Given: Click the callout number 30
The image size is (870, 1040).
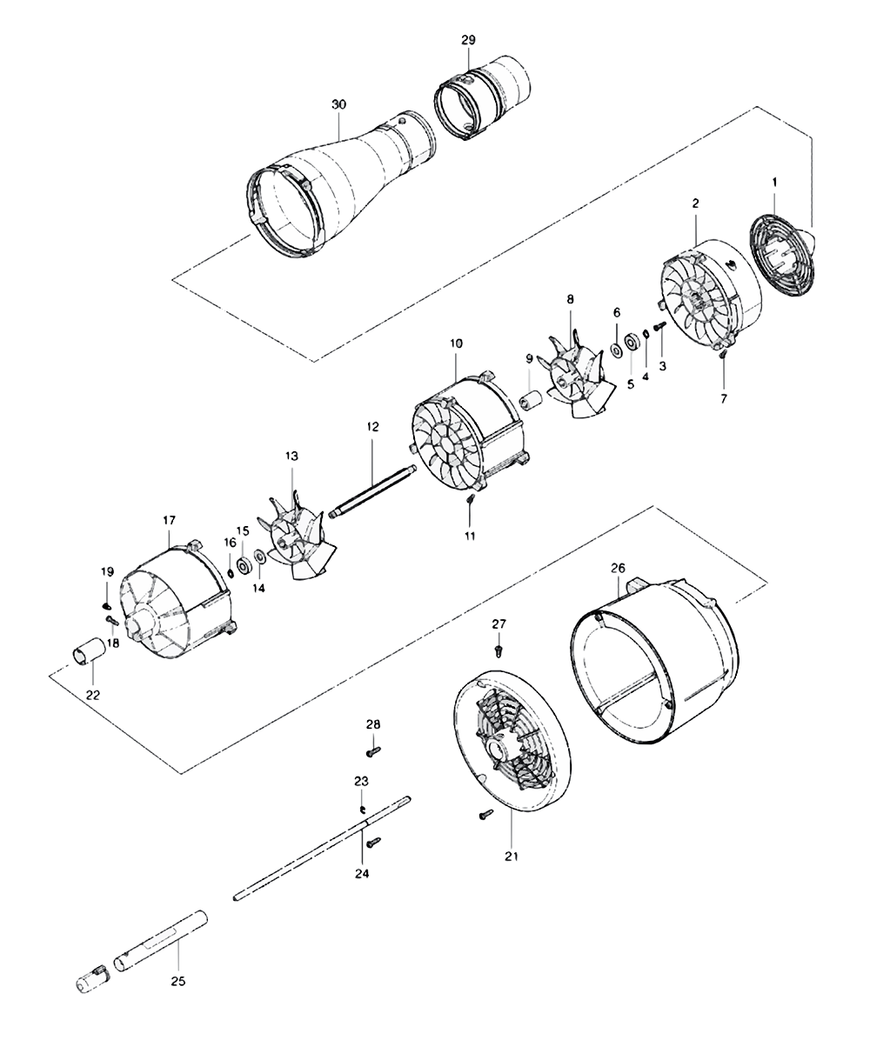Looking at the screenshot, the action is coord(339,104).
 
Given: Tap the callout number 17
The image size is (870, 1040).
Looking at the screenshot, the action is coord(169,519).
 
